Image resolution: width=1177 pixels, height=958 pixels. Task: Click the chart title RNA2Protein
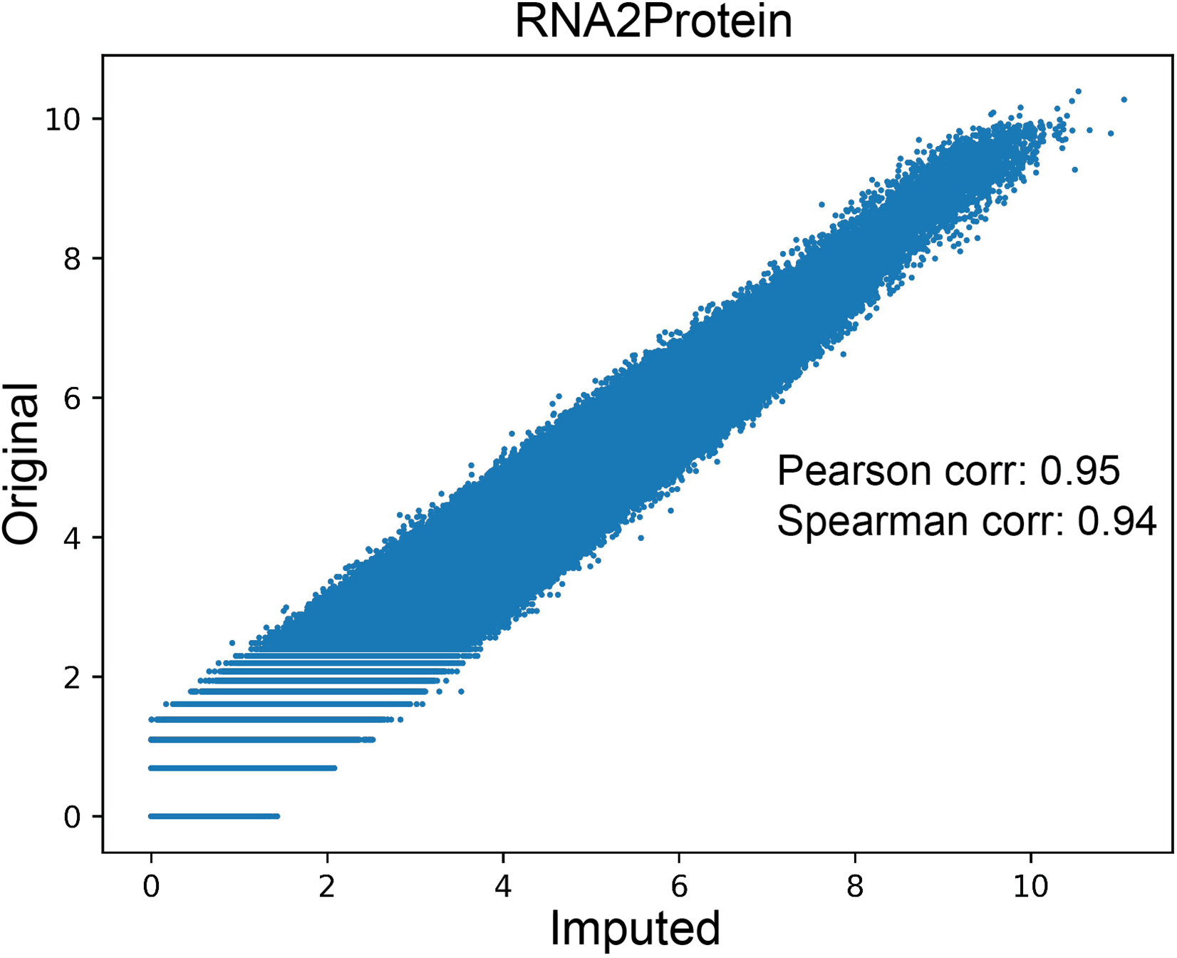click(653, 23)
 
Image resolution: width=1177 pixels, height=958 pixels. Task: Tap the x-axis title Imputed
click(635, 929)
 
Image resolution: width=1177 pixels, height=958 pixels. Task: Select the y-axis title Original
click(21, 464)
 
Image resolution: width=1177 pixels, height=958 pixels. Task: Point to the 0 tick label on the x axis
click(151, 886)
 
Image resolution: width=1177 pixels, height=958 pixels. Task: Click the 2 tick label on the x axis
click(327, 886)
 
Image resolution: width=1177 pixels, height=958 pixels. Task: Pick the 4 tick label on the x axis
click(503, 886)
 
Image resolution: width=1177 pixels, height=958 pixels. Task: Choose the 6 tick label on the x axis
click(679, 886)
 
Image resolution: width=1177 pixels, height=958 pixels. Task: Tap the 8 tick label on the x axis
click(855, 886)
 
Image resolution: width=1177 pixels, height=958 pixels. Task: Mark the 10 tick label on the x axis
click(1031, 886)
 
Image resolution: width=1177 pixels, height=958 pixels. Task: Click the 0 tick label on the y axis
click(72, 817)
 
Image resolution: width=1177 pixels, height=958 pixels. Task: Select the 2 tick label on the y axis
click(72, 677)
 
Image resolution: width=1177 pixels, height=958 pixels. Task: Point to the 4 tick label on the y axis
click(72, 537)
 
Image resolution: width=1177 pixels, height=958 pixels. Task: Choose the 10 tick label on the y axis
click(63, 119)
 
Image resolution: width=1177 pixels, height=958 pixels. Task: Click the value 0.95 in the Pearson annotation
click(1080, 471)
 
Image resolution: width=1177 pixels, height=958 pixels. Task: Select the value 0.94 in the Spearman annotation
click(1116, 522)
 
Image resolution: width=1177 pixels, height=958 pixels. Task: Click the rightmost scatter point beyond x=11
click(1124, 100)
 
